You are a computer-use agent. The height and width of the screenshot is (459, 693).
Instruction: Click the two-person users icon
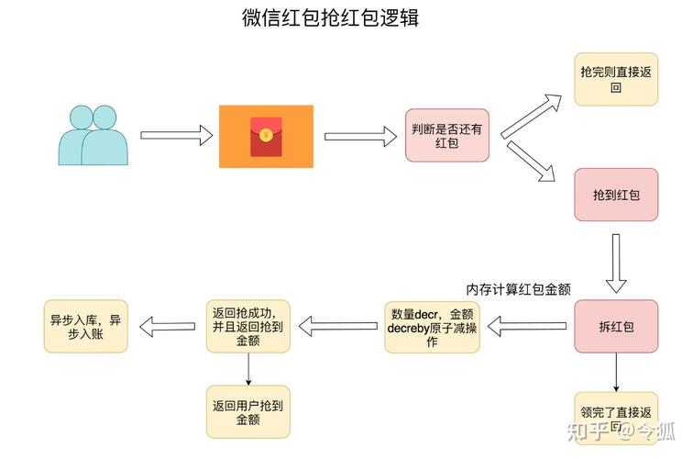click(93, 135)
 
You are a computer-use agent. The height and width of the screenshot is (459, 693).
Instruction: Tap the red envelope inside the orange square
click(266, 136)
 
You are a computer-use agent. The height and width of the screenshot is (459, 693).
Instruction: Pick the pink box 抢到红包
click(615, 195)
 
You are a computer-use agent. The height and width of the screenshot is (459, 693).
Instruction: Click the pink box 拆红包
click(615, 326)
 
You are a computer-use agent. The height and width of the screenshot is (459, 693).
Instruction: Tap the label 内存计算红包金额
click(519, 289)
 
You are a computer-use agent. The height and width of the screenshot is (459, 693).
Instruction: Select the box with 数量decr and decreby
click(432, 326)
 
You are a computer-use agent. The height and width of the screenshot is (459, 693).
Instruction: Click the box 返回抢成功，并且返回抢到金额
click(248, 326)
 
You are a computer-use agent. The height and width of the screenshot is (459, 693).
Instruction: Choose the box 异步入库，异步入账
click(85, 326)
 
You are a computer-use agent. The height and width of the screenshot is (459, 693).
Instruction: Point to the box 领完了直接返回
click(615, 418)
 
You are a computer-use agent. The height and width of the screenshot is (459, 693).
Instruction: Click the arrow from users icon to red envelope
click(176, 135)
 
